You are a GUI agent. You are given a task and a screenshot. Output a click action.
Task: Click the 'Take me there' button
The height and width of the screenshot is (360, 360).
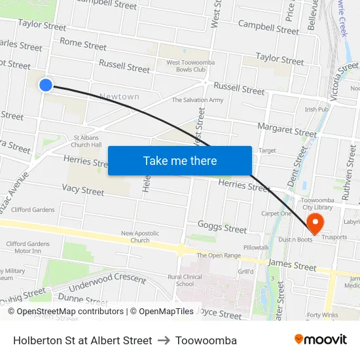click(x=180, y=161)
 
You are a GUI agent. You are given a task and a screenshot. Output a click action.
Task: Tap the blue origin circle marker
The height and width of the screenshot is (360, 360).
click(x=46, y=84)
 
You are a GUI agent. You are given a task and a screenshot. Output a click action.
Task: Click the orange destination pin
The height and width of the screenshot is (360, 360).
click(x=315, y=223)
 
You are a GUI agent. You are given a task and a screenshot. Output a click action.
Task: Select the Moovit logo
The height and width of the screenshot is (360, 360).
click(x=321, y=340)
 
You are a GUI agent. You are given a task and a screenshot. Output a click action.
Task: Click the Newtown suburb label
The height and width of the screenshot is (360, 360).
click(x=119, y=97)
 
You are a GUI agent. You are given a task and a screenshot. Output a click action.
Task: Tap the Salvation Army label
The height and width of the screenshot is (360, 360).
click(x=198, y=100)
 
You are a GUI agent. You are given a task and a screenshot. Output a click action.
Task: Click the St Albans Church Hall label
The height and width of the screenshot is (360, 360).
click(x=87, y=141)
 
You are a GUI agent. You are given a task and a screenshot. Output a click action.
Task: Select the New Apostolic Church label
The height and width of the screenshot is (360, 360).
click(x=139, y=236)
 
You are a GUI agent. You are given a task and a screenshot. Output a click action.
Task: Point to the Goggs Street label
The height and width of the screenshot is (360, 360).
click(x=222, y=227)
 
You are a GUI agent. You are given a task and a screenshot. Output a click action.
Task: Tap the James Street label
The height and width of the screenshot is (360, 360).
click(x=292, y=264)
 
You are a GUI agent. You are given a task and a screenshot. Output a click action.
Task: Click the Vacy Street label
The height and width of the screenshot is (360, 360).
click(x=83, y=190)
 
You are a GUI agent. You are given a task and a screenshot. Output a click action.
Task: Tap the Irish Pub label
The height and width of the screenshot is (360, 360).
click(x=316, y=109)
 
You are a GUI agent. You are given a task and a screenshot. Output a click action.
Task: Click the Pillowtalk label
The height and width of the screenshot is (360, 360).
click(x=256, y=247)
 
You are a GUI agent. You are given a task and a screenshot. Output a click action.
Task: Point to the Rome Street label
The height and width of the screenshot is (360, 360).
click(x=83, y=44)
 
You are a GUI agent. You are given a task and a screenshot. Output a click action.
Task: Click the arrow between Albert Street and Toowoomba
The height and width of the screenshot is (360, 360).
click(x=164, y=340)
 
